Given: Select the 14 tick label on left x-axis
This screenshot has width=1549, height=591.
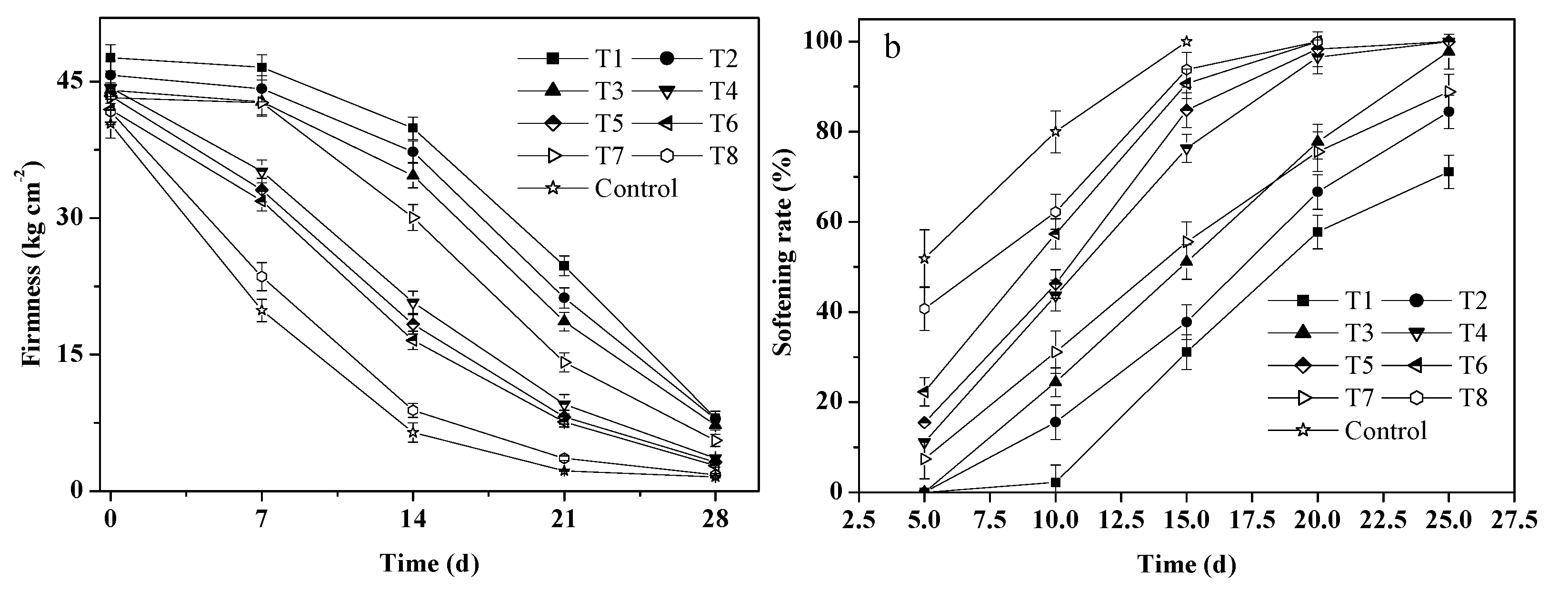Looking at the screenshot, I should pyautogui.click(x=412, y=518).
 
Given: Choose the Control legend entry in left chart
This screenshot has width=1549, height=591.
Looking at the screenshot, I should pyautogui.click(x=636, y=188).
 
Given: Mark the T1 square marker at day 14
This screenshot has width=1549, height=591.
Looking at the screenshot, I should pyautogui.click(x=412, y=128).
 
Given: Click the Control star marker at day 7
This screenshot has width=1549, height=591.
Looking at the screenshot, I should pyautogui.click(x=261, y=310).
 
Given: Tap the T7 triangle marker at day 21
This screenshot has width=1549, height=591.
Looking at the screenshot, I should pyautogui.click(x=564, y=362).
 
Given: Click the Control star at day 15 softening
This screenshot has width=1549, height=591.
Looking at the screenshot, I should pyautogui.click(x=1187, y=41).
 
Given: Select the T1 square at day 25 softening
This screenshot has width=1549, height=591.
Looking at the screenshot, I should pyautogui.click(x=1449, y=172).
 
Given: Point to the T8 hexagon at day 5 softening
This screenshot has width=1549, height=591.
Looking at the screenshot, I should pyautogui.click(x=925, y=309).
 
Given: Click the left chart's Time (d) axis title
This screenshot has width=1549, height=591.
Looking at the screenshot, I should pyautogui.click(x=430, y=563).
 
